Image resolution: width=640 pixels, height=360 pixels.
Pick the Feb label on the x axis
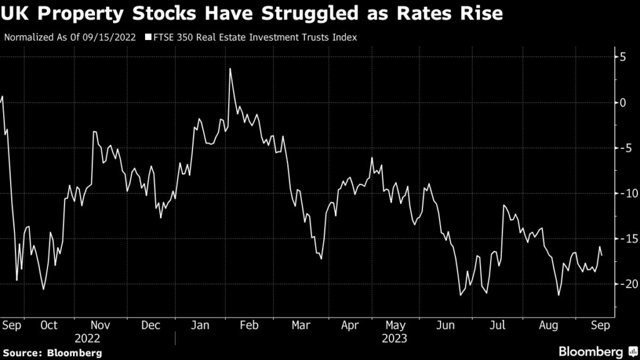[249, 326]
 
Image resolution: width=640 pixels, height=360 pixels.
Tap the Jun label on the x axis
[446, 326]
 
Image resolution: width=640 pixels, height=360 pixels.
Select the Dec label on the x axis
[151, 326]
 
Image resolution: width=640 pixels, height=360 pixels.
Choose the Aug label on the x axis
[548, 326]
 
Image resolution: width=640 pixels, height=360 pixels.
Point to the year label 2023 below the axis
[394, 338]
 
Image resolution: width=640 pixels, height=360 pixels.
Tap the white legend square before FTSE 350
[148, 37]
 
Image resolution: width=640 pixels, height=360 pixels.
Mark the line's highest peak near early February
[230, 69]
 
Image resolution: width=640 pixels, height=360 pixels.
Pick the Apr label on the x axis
[350, 326]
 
